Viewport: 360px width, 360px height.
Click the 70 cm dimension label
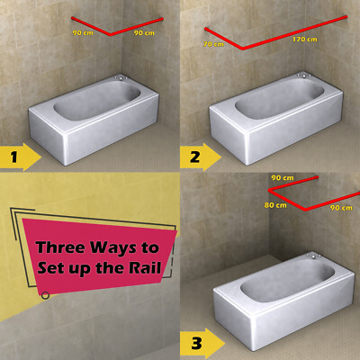click(213, 44)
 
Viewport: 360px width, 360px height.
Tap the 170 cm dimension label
click(305, 40)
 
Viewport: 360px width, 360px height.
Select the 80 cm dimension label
click(275, 205)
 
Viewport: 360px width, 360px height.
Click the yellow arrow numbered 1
click(21, 157)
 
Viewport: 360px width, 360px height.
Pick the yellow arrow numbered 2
click(201, 157)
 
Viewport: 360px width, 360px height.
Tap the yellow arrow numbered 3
click(202, 343)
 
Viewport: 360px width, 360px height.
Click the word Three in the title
click(60, 247)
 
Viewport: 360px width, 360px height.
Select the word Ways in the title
click(113, 248)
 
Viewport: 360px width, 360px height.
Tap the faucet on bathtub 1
click(121, 78)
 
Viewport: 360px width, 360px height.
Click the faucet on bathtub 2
click(304, 76)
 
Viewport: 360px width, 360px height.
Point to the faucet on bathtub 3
click(313, 256)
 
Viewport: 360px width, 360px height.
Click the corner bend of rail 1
click(111, 34)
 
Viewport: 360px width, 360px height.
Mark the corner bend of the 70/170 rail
click(243, 48)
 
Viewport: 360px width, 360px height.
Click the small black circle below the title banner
click(45, 295)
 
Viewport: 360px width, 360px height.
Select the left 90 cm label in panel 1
click(83, 32)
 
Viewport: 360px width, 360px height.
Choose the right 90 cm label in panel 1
click(144, 33)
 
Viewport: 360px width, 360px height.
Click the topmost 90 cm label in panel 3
click(283, 178)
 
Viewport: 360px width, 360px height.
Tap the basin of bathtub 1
click(97, 101)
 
